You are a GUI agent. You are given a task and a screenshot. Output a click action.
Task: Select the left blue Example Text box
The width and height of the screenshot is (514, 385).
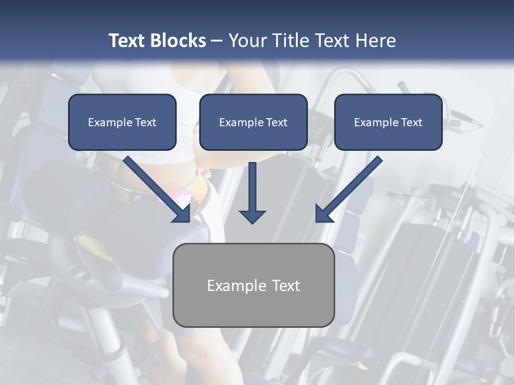click(x=122, y=122)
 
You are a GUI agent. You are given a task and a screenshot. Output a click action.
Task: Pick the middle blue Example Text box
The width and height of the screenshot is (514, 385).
click(x=253, y=122)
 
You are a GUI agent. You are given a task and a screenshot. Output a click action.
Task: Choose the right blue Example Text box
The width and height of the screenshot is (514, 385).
click(x=388, y=122)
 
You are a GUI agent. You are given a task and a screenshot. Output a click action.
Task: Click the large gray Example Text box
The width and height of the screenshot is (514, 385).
click(x=253, y=285)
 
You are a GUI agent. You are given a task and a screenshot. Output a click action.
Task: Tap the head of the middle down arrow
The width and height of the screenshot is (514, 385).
click(x=252, y=215)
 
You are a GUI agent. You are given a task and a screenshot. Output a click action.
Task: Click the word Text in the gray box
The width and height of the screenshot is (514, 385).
click(x=285, y=286)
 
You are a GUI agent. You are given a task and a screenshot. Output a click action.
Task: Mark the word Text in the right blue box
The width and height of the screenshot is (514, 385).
click(x=411, y=122)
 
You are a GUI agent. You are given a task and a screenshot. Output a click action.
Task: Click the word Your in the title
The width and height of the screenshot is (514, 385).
click(x=247, y=41)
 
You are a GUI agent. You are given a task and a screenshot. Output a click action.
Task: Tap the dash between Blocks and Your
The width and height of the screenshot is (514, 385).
click(x=217, y=41)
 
